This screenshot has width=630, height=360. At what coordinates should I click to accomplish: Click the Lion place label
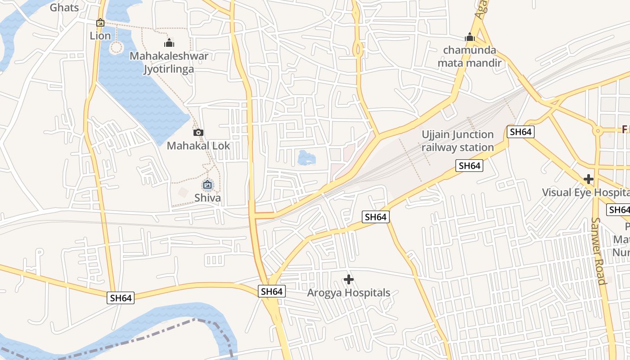tap(100, 36)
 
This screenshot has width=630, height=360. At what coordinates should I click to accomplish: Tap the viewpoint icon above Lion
tap(100, 22)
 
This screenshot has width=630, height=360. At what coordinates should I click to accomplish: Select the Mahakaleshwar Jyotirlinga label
tap(169, 63)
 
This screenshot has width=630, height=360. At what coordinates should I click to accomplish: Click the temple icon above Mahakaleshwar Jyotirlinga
tap(169, 43)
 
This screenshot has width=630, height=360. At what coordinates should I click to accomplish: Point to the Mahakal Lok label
tap(198, 146)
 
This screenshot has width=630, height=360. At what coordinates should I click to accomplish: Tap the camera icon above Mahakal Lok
tap(198, 132)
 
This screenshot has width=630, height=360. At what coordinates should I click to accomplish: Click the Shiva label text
tap(207, 198)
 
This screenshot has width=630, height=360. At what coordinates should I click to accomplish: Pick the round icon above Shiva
tap(207, 184)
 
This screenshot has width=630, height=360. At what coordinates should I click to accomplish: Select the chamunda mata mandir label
tap(469, 56)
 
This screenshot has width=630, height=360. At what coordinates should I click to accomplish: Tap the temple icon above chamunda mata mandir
tap(470, 37)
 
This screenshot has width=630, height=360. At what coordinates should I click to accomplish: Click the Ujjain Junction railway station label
tap(458, 141)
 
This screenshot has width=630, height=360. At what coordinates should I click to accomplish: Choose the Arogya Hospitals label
tap(348, 293)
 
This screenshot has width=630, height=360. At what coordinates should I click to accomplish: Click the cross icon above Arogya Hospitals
tap(348, 279)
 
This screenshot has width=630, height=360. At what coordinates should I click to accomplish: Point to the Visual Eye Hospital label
tap(585, 192)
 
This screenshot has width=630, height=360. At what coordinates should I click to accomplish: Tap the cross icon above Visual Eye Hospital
tap(588, 179)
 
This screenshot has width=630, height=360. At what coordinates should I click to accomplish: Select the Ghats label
tap(64, 7)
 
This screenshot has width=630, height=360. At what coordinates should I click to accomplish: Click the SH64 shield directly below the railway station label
tap(469, 166)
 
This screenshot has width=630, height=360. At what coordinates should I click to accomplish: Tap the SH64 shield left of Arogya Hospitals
tap(272, 291)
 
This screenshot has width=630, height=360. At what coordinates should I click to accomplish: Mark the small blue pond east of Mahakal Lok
tap(306, 157)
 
